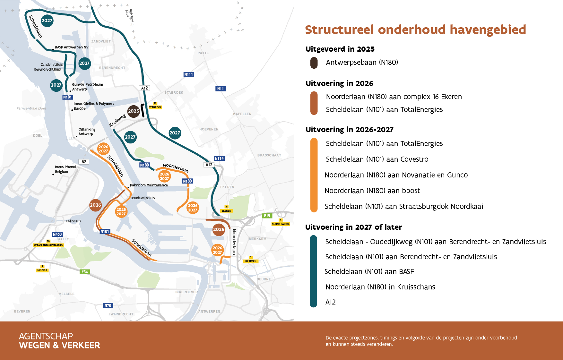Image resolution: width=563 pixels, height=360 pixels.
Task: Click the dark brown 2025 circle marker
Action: [134, 111]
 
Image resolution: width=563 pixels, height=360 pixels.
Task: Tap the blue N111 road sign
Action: [189, 74]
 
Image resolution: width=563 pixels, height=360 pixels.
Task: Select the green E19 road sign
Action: [267, 216]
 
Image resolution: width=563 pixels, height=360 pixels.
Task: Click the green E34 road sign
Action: [85, 272]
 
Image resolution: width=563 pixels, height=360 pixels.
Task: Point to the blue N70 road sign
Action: [108, 305]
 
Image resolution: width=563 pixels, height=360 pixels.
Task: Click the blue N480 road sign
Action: [57, 234]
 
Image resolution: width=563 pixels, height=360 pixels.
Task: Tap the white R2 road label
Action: [84, 162]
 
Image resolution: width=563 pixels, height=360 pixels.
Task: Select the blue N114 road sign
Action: [219, 158]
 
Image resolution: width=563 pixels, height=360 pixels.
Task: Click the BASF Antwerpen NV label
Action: [71, 47]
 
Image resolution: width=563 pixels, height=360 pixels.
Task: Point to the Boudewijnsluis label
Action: [143, 198]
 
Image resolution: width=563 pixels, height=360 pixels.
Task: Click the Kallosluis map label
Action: [73, 221]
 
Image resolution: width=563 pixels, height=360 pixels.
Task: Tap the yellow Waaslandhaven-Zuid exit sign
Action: [48, 245]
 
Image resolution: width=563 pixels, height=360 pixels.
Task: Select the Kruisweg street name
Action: [117, 120]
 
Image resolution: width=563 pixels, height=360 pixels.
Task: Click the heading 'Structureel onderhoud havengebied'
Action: [415, 30]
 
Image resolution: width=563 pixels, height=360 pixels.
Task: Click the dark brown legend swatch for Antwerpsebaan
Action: [314, 63]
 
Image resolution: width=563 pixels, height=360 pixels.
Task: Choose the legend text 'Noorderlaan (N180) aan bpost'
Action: [372, 191]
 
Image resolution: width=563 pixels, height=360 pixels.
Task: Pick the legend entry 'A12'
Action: [330, 302]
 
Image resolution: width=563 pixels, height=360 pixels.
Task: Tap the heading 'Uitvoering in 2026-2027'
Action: [349, 130]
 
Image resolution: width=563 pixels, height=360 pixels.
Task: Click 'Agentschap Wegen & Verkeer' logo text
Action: [59, 340]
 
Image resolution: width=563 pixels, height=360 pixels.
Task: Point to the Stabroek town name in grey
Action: [174, 92]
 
